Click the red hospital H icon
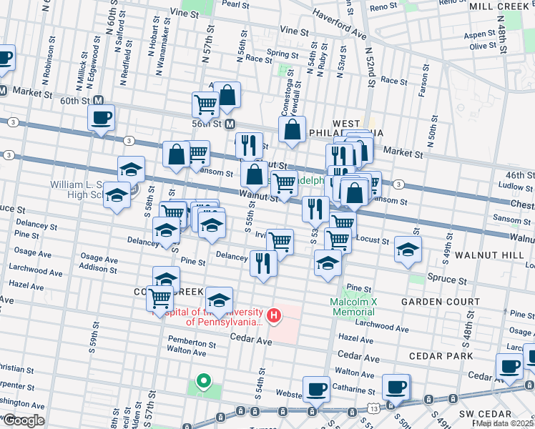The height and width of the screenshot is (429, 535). (273, 315)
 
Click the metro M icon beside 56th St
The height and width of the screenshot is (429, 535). (230, 124)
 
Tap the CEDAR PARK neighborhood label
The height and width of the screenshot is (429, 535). (441, 356)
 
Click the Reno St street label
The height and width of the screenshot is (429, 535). (383, 6)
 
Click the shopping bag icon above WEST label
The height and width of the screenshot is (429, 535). (292, 129)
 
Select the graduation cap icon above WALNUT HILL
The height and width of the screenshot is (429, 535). (408, 249)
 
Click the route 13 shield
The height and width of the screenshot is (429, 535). (374, 407)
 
